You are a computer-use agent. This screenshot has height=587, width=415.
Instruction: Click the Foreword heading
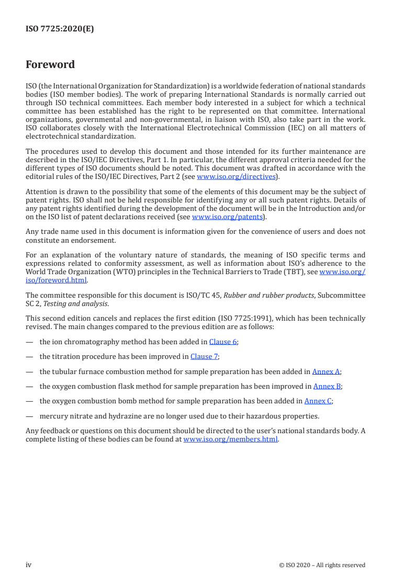tap(50, 65)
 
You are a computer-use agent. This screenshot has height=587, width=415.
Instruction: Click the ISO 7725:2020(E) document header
tap(60, 29)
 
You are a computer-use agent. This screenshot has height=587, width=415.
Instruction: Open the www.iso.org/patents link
tap(228, 217)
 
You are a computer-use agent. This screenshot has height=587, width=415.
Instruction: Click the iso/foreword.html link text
tap(57, 280)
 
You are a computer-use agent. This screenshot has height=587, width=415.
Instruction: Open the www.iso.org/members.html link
tap(230, 439)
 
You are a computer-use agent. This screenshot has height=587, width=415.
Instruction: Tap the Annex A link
tap(326, 371)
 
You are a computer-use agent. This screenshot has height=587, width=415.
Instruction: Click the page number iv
tap(29, 565)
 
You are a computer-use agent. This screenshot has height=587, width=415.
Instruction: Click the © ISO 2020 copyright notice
tap(322, 565)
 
